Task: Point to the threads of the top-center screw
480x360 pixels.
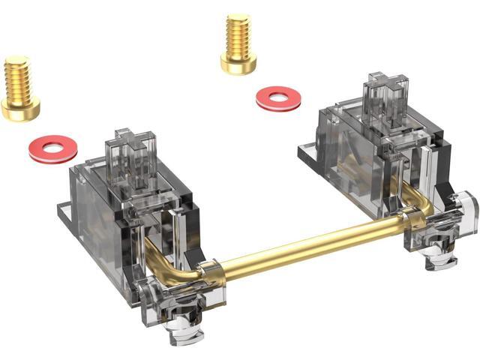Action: [238, 36]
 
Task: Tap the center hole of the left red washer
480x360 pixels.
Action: [52, 147]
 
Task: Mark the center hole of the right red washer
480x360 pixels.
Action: [278, 97]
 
